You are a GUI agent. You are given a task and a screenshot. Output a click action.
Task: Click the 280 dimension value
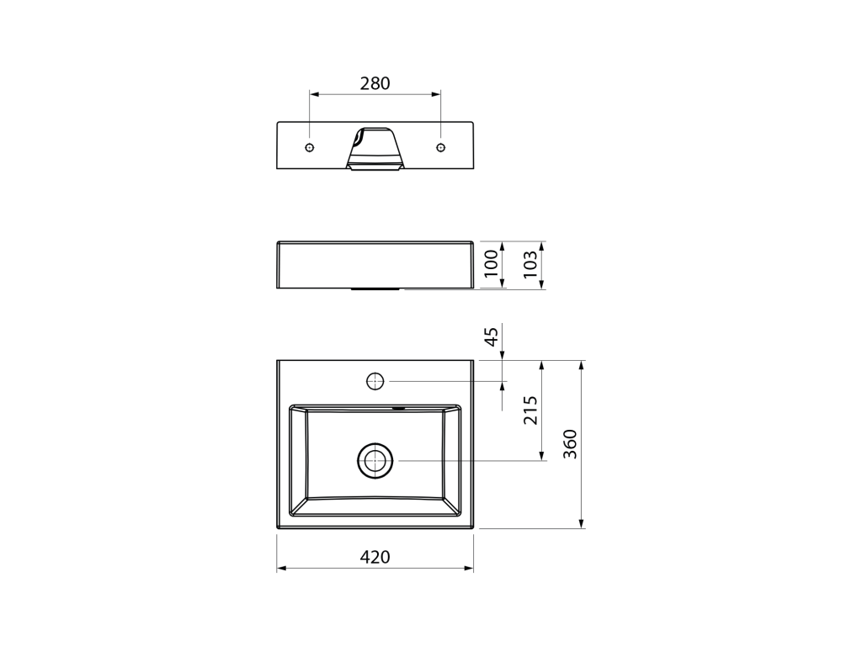coord(375,83)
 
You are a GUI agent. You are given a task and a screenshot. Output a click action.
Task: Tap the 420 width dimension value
coord(375,557)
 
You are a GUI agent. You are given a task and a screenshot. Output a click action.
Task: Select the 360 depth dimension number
coord(571,444)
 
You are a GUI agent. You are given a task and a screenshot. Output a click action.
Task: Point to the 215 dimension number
coord(530,410)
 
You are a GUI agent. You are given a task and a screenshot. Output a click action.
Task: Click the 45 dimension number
coord(492,336)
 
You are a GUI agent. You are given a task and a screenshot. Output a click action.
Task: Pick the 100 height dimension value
coord(492,263)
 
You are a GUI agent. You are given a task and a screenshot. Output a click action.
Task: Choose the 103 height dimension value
coord(530,264)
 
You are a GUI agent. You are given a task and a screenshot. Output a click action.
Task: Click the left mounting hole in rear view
coord(310,147)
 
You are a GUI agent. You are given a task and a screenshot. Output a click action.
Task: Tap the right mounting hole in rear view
coord(440,147)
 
